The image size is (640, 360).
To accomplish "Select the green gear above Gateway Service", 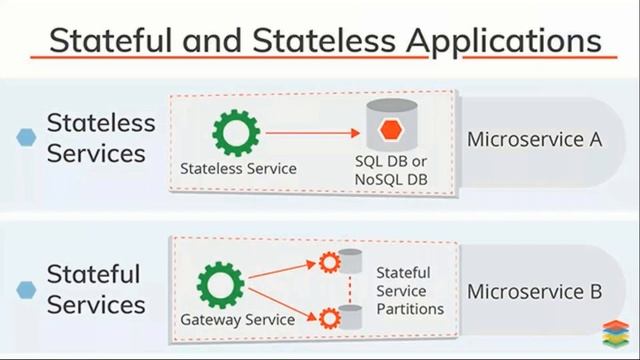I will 220,285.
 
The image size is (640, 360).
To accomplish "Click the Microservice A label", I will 534,139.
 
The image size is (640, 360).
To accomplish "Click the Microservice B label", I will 534,292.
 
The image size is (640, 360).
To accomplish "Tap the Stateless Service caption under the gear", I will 238,168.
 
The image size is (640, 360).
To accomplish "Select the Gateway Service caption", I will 237,320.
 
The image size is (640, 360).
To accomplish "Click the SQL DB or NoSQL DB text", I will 391,170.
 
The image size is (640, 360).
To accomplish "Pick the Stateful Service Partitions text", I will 409,290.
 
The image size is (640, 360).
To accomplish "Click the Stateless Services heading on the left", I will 101,138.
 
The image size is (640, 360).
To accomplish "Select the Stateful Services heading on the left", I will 95,289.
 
